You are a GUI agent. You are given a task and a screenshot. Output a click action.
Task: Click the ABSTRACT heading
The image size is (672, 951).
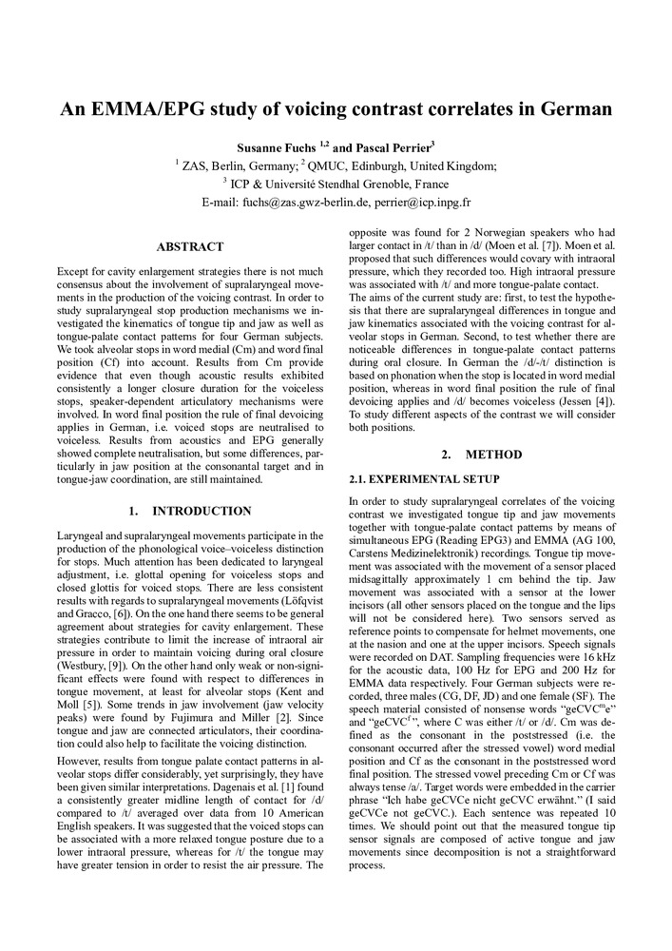[x=189, y=247]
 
